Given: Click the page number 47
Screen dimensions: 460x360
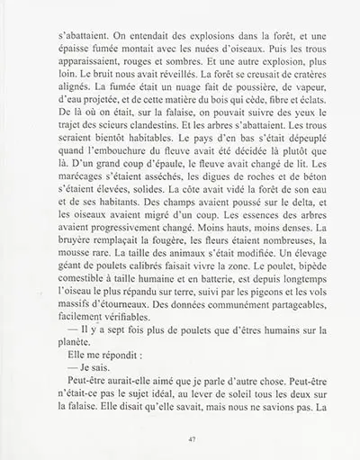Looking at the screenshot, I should pos(180,438).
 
